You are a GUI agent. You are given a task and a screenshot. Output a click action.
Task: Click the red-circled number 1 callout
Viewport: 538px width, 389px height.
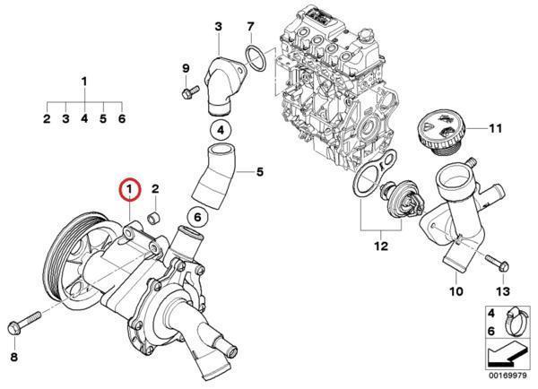pyautogui.click(x=131, y=188)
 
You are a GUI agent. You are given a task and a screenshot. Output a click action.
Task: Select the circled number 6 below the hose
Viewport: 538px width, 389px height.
pyautogui.click(x=198, y=216)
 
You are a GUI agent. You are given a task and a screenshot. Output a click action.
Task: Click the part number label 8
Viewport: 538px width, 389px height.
pyautogui.click(x=13, y=357)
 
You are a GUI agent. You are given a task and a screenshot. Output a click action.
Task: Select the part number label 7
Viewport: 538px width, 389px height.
pyautogui.click(x=250, y=25)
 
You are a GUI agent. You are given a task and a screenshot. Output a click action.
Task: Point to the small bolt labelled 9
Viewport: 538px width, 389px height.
pyautogui.click(x=189, y=92)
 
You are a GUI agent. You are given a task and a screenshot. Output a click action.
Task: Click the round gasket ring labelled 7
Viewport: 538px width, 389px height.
pyautogui.click(x=255, y=60)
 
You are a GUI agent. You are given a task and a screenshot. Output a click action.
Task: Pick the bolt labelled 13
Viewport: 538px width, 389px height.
pyautogui.click(x=493, y=264)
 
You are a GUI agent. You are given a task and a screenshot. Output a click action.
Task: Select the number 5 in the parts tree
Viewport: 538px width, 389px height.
pyautogui.click(x=102, y=117)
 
